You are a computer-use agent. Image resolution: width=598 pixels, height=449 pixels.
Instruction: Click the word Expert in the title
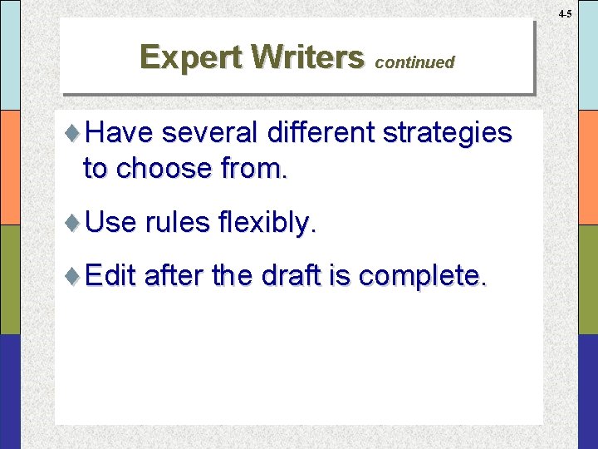point(194,57)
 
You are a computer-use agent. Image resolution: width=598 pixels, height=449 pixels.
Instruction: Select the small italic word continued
point(415,62)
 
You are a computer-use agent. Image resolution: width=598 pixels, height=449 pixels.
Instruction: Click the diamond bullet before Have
point(74,133)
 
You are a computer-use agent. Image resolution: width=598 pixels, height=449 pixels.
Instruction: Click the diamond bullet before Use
point(74,222)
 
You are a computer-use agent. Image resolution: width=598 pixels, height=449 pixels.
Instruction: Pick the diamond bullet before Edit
point(74,275)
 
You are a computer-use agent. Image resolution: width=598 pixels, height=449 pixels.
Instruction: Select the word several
point(212,133)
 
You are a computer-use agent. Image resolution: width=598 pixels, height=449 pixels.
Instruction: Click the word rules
point(176,223)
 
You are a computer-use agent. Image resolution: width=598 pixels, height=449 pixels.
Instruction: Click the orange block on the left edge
point(10,167)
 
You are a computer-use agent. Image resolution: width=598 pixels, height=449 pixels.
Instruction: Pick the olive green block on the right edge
point(586,279)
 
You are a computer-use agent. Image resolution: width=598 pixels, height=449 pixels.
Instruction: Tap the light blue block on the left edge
point(10,55)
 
